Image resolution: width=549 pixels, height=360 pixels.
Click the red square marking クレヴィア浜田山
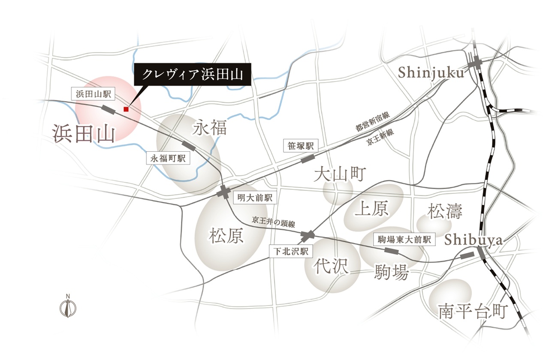pyautogui.click(x=126, y=109)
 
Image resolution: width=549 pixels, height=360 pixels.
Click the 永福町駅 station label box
pyautogui.click(x=167, y=158)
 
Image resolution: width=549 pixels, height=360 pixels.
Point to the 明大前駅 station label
pyautogui.click(x=254, y=198)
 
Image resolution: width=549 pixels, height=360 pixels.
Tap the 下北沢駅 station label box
pyautogui.click(x=289, y=251)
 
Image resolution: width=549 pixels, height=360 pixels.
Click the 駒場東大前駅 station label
pyautogui.click(x=404, y=239)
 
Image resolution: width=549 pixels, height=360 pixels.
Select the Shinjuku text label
pyautogui.click(x=431, y=73)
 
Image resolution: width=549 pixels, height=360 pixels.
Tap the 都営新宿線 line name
pyautogui.click(x=372, y=121)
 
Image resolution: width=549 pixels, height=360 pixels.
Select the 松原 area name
pyautogui.click(x=226, y=235)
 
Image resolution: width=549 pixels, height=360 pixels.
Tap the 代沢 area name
pyautogui.click(x=330, y=266)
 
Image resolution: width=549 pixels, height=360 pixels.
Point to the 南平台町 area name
pyautogui.click(x=472, y=312)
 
